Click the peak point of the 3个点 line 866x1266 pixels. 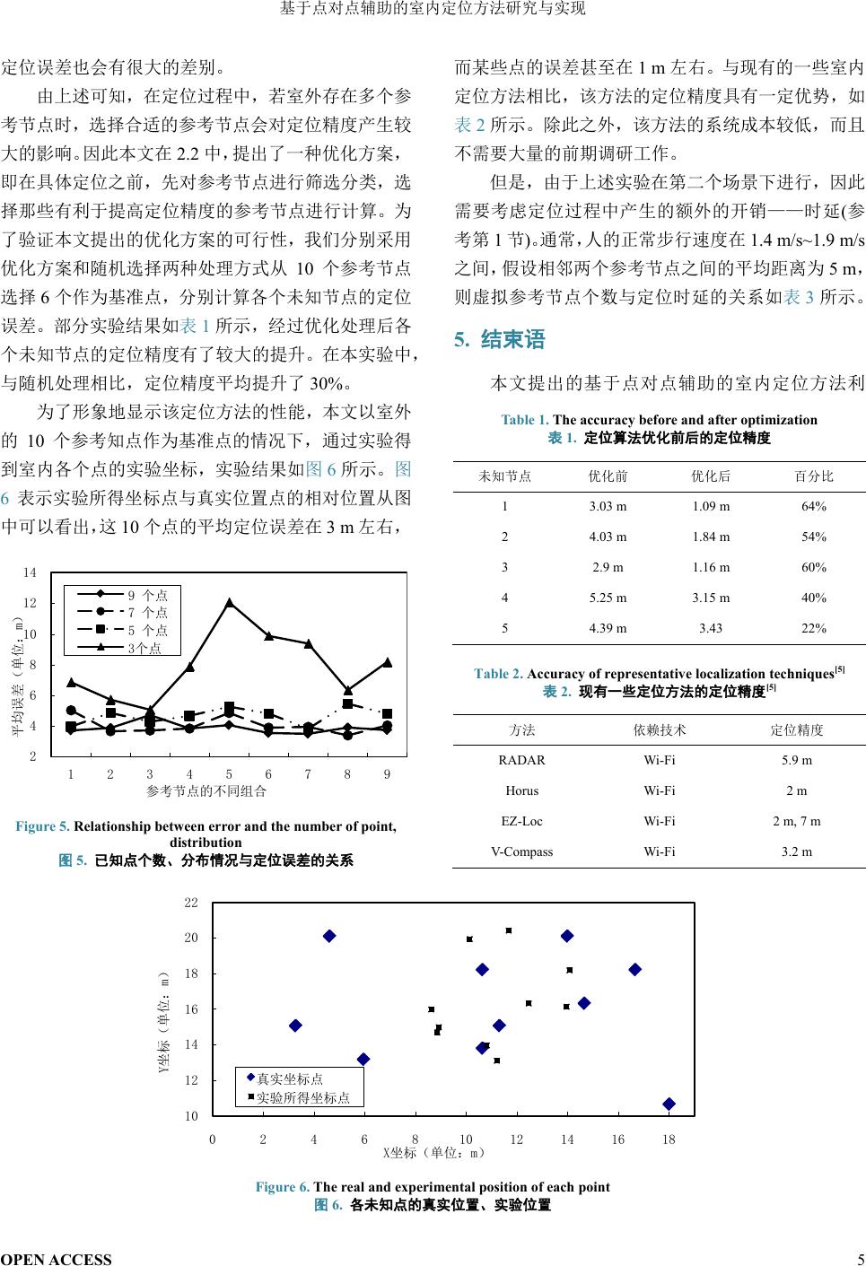point(229,603)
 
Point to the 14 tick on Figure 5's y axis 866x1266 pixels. point(30,572)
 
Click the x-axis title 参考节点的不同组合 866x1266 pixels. point(206,790)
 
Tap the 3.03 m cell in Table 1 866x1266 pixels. point(608,506)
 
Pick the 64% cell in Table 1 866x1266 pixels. point(814,506)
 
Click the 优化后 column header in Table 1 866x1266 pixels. point(711,476)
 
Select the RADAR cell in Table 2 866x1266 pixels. point(521,760)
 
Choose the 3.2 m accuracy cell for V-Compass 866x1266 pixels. point(797,851)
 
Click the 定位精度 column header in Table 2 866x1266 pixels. point(797,729)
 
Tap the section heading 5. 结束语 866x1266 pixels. point(500,340)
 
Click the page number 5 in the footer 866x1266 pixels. point(860,1259)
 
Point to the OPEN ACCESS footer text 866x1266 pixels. point(57,1259)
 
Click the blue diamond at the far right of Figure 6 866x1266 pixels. point(669,1104)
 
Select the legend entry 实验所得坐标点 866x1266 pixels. point(302,1097)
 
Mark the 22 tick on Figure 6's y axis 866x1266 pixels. point(191,902)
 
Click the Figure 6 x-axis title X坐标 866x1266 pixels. point(433,1152)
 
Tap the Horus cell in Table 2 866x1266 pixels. point(521,790)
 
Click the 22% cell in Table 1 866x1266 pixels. point(814,628)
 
